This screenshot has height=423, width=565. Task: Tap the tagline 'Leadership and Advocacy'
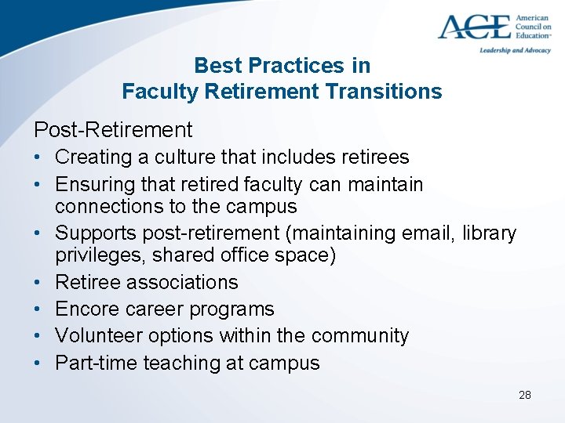515,50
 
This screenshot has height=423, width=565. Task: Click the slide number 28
525,395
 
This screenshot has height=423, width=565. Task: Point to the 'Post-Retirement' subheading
112,128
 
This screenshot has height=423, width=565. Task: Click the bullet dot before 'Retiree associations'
38,282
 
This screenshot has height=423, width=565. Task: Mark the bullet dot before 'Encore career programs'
38,309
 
